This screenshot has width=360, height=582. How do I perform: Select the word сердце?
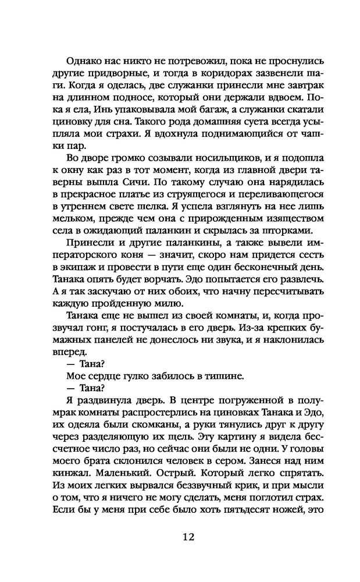(108, 377)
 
